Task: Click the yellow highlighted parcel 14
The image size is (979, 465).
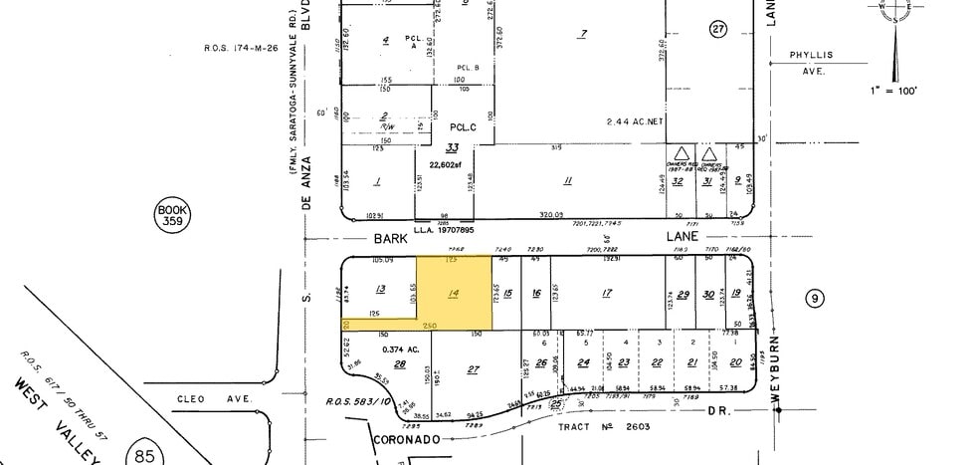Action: tap(454, 292)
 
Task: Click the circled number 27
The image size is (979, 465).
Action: tap(719, 29)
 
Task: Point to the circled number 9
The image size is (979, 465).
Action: tap(815, 297)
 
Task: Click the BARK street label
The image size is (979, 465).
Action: tap(391, 239)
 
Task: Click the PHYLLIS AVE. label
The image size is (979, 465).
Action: tap(811, 63)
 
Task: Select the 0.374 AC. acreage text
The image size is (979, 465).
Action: tap(399, 349)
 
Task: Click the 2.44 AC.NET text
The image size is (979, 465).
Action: tap(635, 121)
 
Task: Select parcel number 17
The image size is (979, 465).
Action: tap(606, 293)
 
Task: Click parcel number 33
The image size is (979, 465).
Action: tap(452, 147)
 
